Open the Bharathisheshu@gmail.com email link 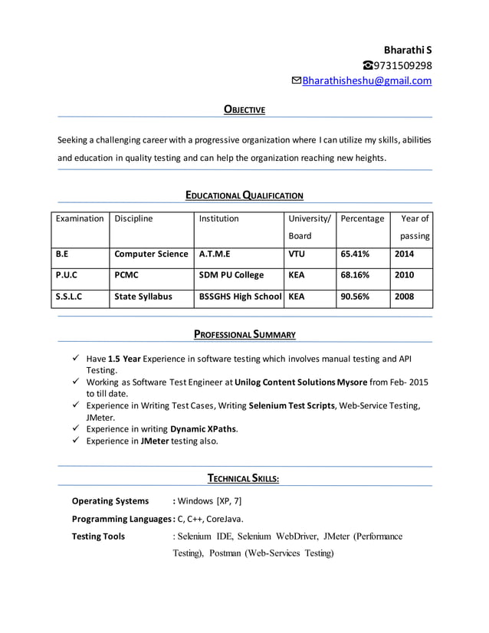pos(366,80)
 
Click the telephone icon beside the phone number pos(368,65)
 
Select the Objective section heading pos(244,110)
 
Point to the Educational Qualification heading pos(244,195)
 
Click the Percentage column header pos(362,218)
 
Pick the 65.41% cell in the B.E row pos(355,254)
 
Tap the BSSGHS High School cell pos(240,296)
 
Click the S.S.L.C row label pos(69,296)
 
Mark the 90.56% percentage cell pos(355,296)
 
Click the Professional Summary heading pos(244,334)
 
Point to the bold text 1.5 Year pos(124,358)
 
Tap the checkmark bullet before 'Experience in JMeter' pos(75,441)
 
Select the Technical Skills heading pos(244,479)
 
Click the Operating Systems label pos(110,501)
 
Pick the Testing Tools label pos(98,536)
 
